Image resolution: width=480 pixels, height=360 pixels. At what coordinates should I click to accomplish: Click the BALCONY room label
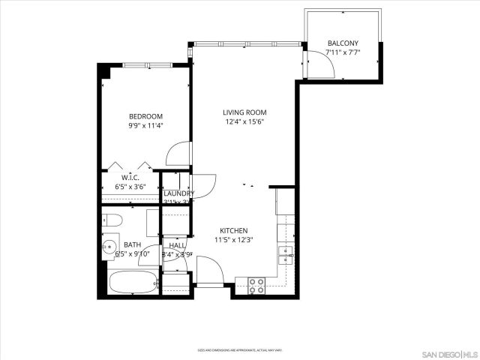pyautogui.click(x=343, y=43)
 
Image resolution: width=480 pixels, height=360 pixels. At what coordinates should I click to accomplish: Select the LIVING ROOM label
pyautogui.click(x=244, y=112)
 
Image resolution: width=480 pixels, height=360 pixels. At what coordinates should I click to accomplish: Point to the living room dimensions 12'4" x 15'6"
pyautogui.click(x=244, y=122)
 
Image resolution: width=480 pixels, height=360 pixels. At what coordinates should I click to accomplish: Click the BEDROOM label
pyautogui.click(x=145, y=116)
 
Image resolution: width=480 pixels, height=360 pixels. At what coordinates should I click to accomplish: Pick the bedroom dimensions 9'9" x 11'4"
pyautogui.click(x=145, y=126)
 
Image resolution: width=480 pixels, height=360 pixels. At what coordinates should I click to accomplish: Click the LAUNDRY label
pyautogui.click(x=179, y=193)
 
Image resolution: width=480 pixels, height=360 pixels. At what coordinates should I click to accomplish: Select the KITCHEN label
pyautogui.click(x=234, y=231)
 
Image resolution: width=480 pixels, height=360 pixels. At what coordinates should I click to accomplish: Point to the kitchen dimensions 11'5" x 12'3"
pyautogui.click(x=234, y=241)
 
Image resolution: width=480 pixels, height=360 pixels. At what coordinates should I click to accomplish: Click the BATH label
pyautogui.click(x=132, y=244)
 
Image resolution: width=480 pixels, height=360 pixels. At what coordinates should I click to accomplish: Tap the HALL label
pyautogui.click(x=178, y=245)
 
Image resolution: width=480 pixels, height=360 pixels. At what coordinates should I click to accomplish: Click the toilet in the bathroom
pyautogui.click(x=112, y=220)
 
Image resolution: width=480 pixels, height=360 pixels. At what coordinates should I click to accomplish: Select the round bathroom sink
pyautogui.click(x=109, y=244)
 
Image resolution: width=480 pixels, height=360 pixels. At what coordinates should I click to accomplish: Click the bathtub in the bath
pyautogui.click(x=133, y=283)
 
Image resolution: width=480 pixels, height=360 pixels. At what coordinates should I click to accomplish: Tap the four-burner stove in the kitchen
pyautogui.click(x=256, y=284)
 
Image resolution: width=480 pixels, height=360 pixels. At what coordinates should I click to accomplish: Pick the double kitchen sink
pyautogui.click(x=286, y=256)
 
